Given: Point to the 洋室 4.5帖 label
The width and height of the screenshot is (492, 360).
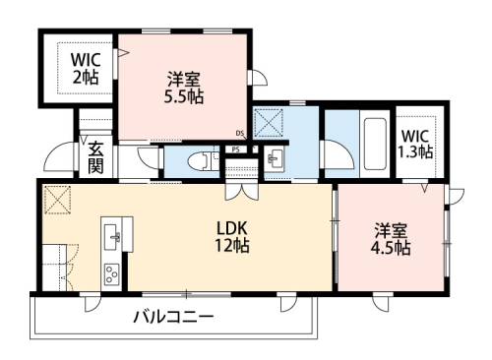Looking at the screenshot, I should pos(392,239).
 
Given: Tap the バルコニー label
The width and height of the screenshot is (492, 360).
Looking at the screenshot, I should pos(173,317).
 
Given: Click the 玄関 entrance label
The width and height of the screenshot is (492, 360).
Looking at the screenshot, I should pos(95,157).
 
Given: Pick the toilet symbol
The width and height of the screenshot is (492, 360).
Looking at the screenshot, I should pos(204,159).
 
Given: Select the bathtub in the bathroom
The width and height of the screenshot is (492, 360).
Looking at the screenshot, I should pos(374,146).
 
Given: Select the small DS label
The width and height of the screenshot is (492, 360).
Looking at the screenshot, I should pos(240,134).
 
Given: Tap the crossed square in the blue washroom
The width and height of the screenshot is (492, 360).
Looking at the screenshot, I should pos(268,123).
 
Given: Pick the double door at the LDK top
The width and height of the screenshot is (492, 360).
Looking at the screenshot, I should pos(238,192).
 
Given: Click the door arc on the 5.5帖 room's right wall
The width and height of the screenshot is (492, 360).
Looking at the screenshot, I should pos(256,79).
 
